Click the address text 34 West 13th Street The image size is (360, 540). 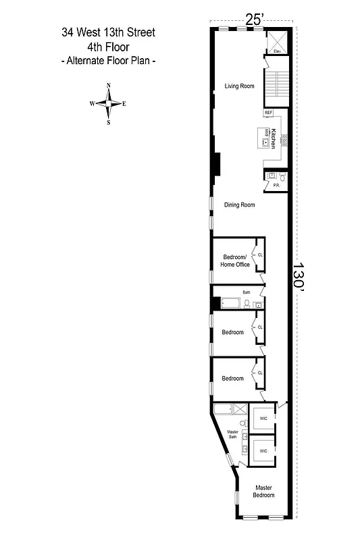point(108,32)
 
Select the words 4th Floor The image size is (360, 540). point(108,47)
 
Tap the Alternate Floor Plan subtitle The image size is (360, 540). point(108,61)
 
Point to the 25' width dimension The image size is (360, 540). point(253,20)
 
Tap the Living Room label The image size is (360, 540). point(239,86)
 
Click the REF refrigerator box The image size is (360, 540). point(269,113)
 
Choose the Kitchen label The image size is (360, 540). point(274,138)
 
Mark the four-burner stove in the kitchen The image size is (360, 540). point(285,140)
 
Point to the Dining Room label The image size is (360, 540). point(240,205)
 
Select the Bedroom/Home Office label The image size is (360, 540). point(235,261)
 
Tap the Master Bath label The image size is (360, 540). point(232,434)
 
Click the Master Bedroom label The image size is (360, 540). point(264,491)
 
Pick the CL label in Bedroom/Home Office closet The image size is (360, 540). point(260,255)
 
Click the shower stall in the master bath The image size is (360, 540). point(239,408)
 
